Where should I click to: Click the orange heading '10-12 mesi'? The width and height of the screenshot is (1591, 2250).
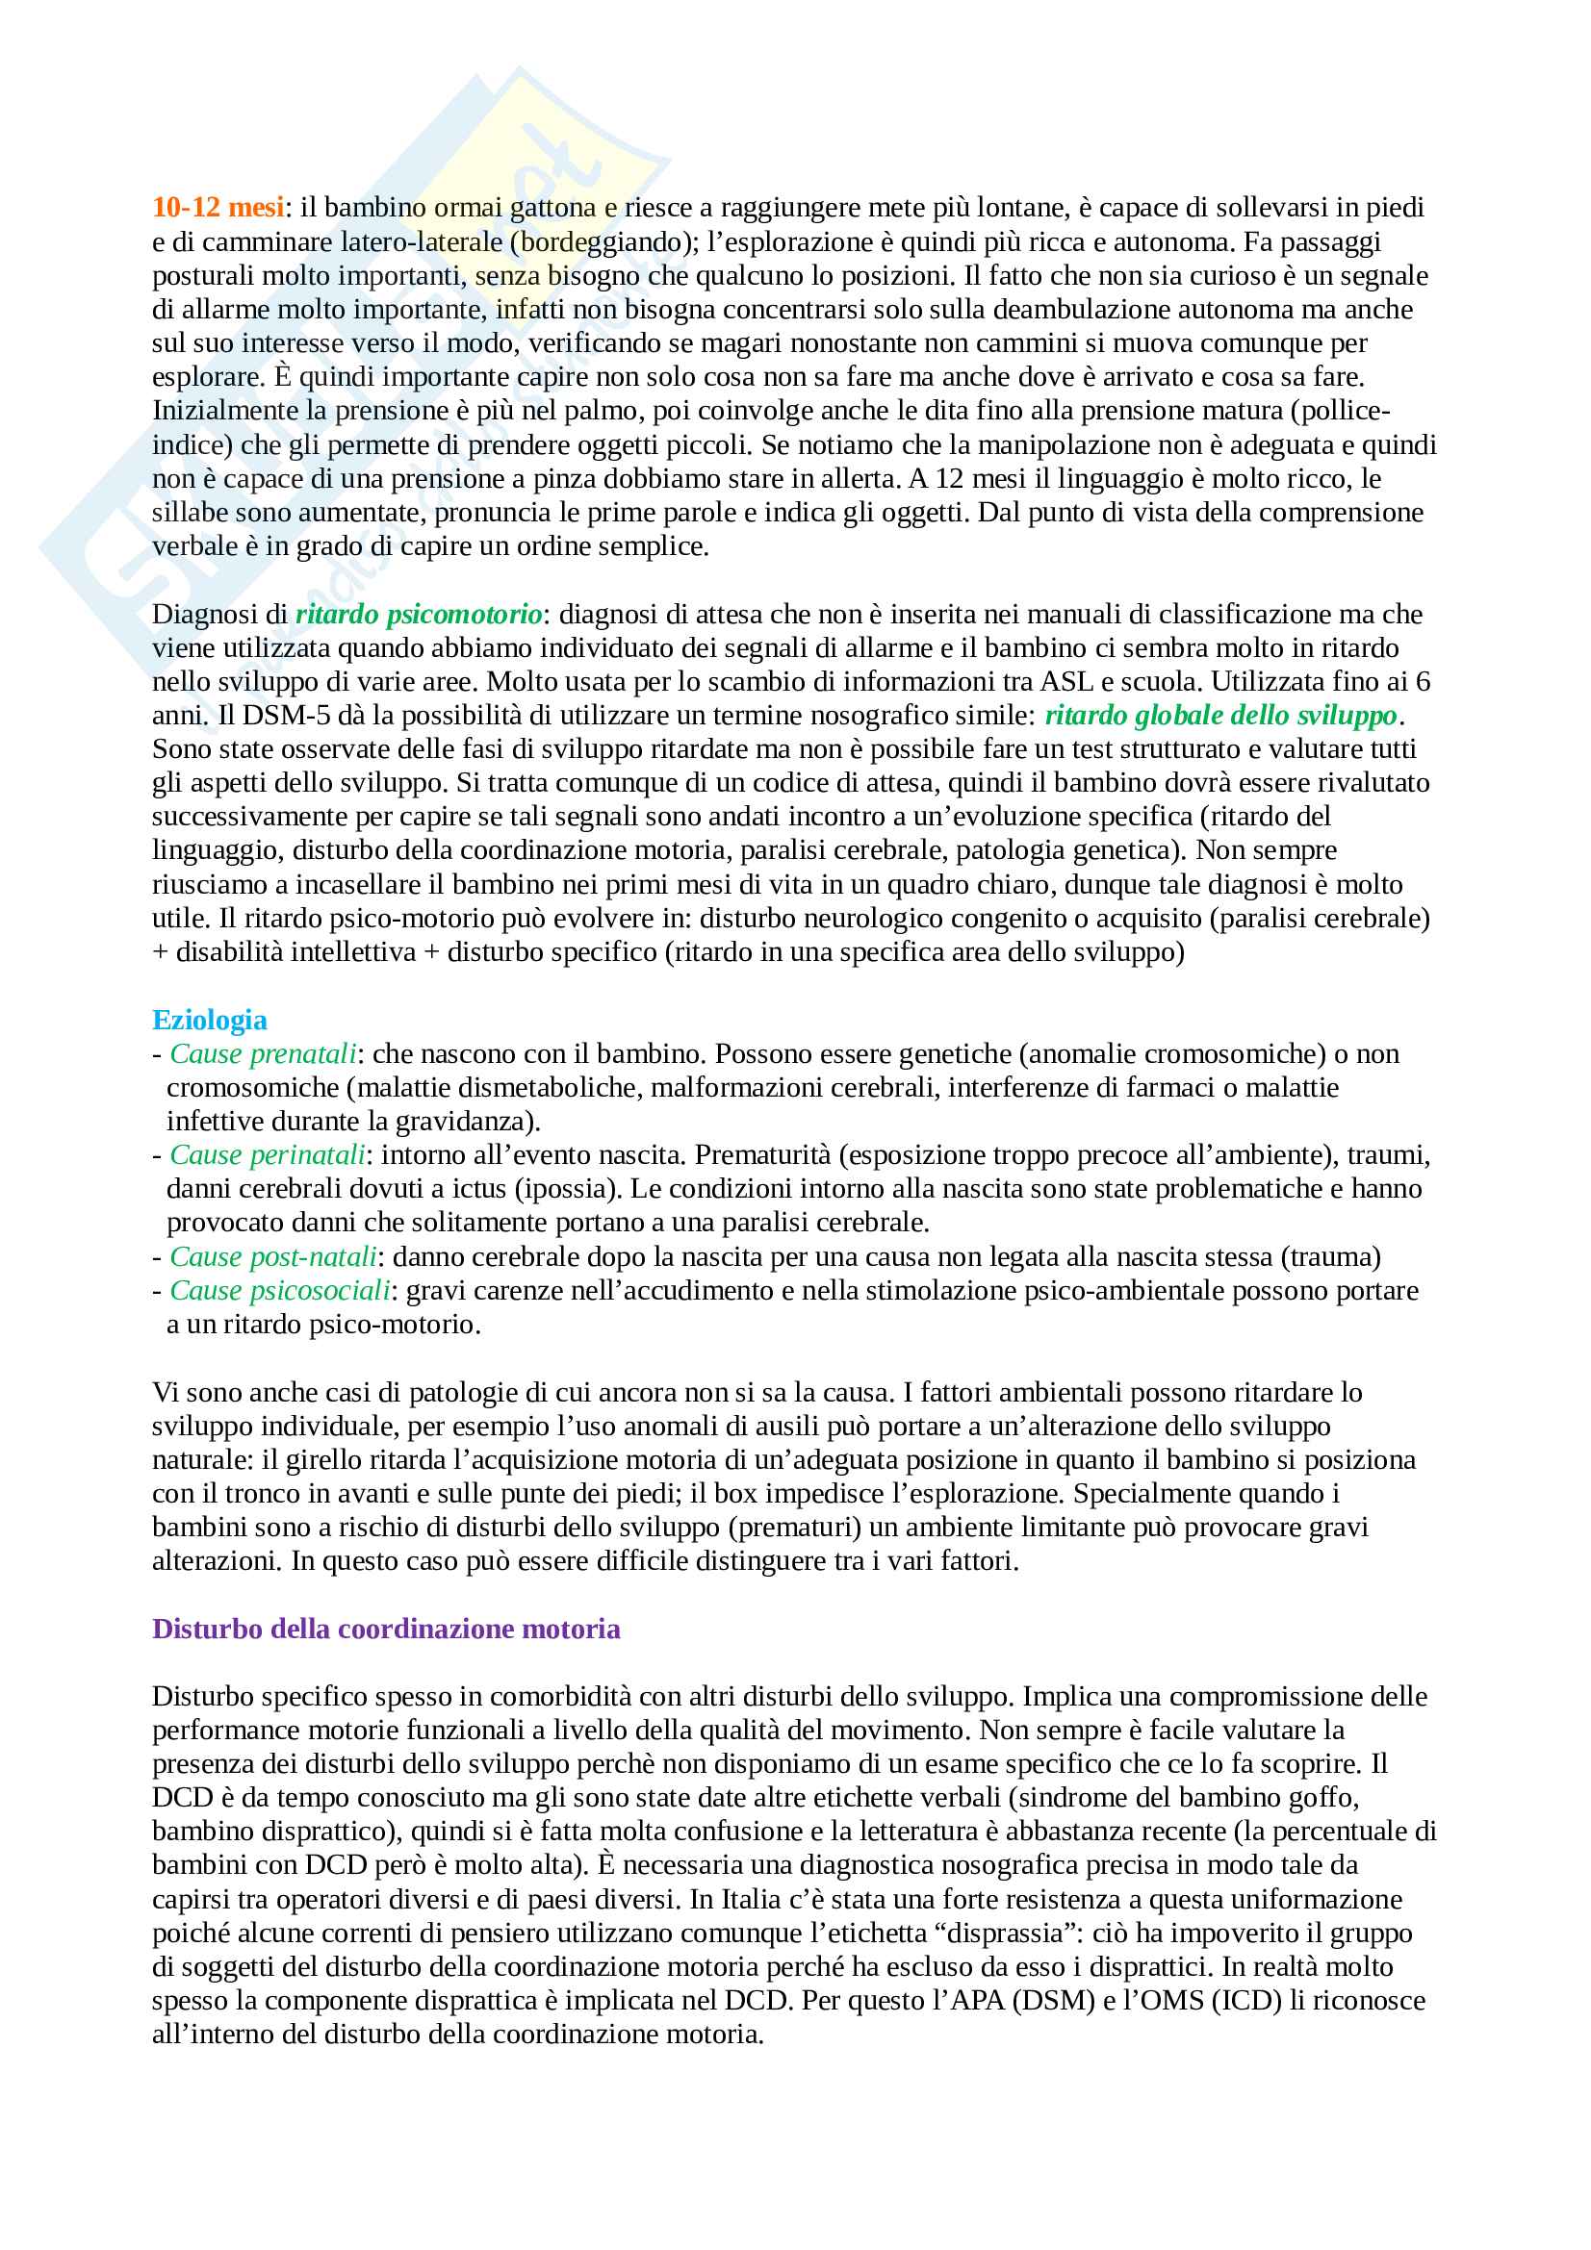pyautogui.click(x=218, y=207)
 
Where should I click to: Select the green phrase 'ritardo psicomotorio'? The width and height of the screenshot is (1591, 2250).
pyautogui.click(x=419, y=614)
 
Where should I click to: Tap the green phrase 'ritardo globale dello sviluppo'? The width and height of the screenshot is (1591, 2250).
pyautogui.click(x=1220, y=716)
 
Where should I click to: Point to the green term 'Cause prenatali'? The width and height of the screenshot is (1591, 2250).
pyautogui.click(x=263, y=1053)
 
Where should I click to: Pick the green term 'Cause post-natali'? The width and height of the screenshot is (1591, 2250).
pyautogui.click(x=273, y=1256)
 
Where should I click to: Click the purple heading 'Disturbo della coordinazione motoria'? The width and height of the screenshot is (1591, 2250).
pyautogui.click(x=386, y=1629)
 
